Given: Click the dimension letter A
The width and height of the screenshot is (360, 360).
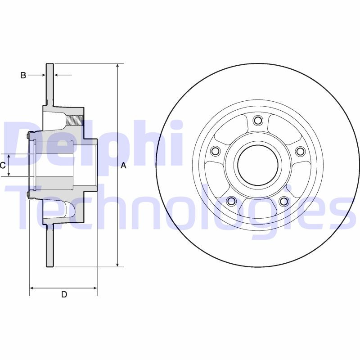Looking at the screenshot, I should [x=124, y=166].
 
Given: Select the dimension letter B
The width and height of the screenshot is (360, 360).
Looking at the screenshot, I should [x=23, y=75].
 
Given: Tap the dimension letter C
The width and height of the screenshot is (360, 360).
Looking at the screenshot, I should [x=3, y=165].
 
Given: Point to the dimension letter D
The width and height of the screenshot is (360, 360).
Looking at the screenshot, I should [x=64, y=295].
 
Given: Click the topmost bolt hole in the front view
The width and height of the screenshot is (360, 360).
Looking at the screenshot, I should [x=258, y=120].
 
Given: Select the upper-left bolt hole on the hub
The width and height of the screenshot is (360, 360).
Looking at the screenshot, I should [x=215, y=151].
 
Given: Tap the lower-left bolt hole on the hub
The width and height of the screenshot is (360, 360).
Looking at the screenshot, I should [x=231, y=201].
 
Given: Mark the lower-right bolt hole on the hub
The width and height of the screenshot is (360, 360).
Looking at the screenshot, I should [x=284, y=201].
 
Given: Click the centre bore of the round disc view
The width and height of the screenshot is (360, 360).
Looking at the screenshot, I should [x=257, y=165].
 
